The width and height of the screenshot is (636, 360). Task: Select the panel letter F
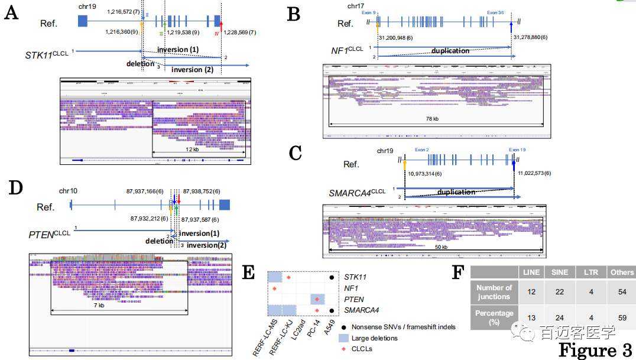458,273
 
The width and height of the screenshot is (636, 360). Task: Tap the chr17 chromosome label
356,6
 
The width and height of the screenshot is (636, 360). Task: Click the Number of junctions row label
494,291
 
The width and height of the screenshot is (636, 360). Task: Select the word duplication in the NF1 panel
450,51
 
